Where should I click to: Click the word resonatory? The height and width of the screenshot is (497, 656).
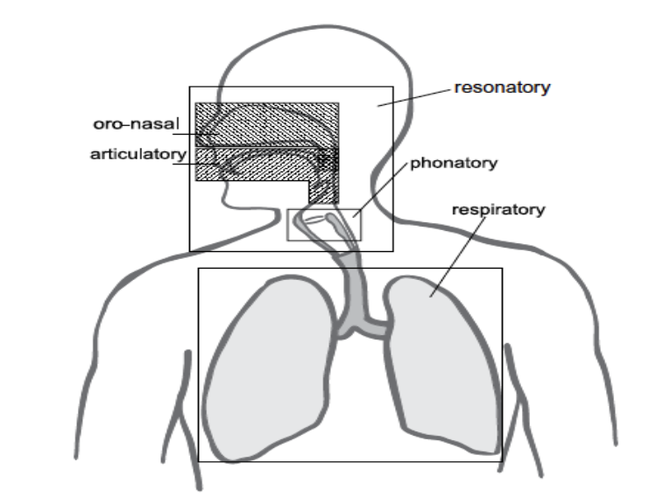501,87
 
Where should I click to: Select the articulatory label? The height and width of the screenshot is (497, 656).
138,155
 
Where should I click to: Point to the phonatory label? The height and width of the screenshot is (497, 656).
454,163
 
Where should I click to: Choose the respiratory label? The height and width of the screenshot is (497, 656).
497,210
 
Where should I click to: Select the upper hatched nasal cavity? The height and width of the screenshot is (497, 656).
263,122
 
